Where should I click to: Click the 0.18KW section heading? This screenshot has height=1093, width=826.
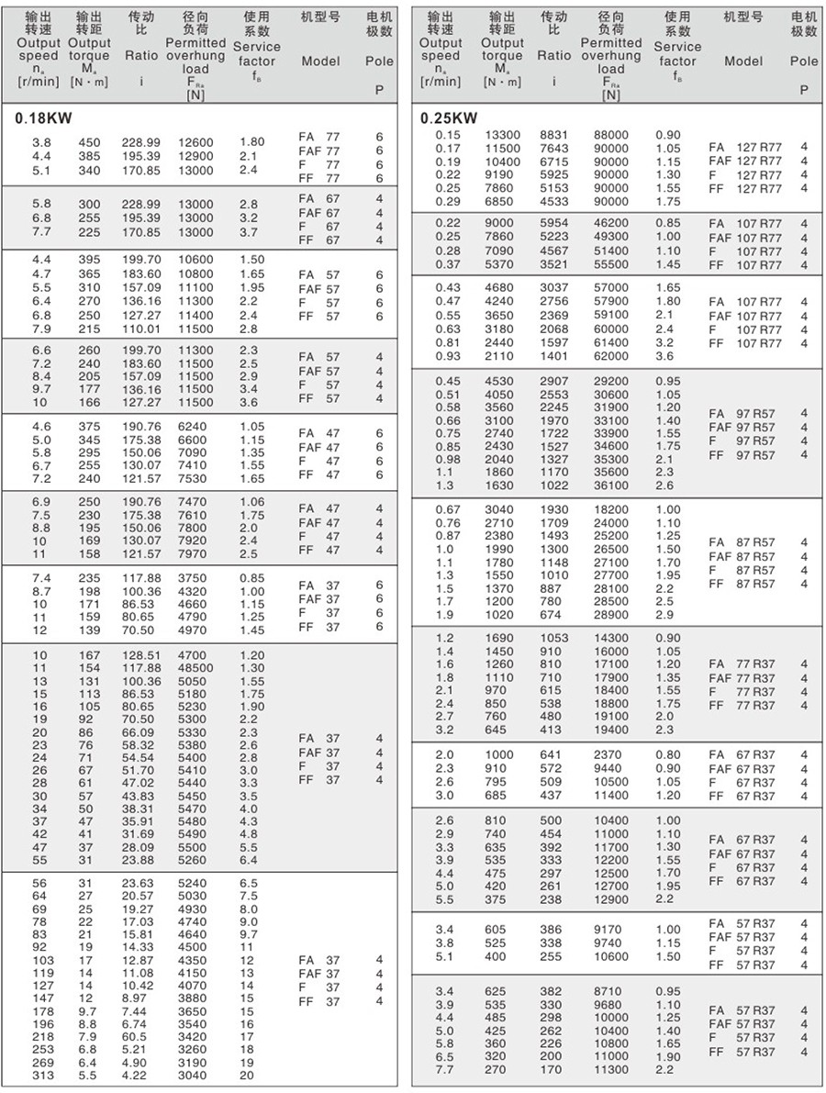tap(44, 118)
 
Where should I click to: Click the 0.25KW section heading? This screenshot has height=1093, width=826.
tap(449, 118)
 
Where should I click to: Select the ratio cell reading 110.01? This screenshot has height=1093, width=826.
tap(140, 328)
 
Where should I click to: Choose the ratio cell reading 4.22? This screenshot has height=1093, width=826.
tap(137, 1076)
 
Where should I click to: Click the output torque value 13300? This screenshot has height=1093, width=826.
tap(503, 135)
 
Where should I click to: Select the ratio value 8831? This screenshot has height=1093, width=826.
tap(555, 135)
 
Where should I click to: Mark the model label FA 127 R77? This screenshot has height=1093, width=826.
tap(745, 147)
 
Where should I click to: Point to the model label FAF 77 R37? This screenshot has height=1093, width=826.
tap(742, 678)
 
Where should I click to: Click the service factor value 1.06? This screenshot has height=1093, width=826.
tap(251, 502)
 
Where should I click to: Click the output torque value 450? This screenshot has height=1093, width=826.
tap(88, 142)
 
